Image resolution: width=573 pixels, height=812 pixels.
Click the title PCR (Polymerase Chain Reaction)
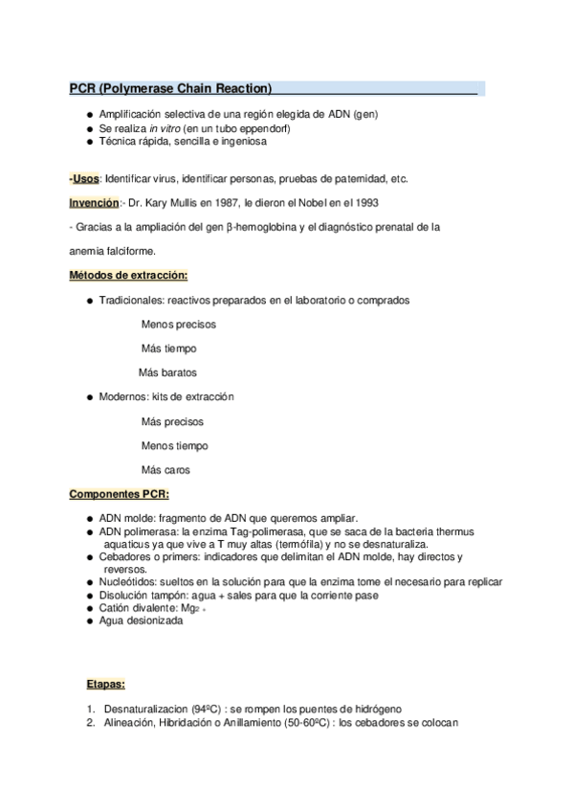tap(171, 89)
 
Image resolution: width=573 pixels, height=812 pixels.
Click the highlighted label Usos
tap(85, 179)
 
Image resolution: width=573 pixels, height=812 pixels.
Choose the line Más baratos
tap(168, 372)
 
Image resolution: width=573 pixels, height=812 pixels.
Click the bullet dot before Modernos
tap(88, 396)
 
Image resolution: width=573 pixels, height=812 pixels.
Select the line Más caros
tap(165, 470)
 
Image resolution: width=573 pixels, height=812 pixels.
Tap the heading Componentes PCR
tap(119, 494)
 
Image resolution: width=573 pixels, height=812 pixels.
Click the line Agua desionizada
tap(141, 620)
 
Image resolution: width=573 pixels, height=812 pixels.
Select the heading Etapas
tap(106, 685)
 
